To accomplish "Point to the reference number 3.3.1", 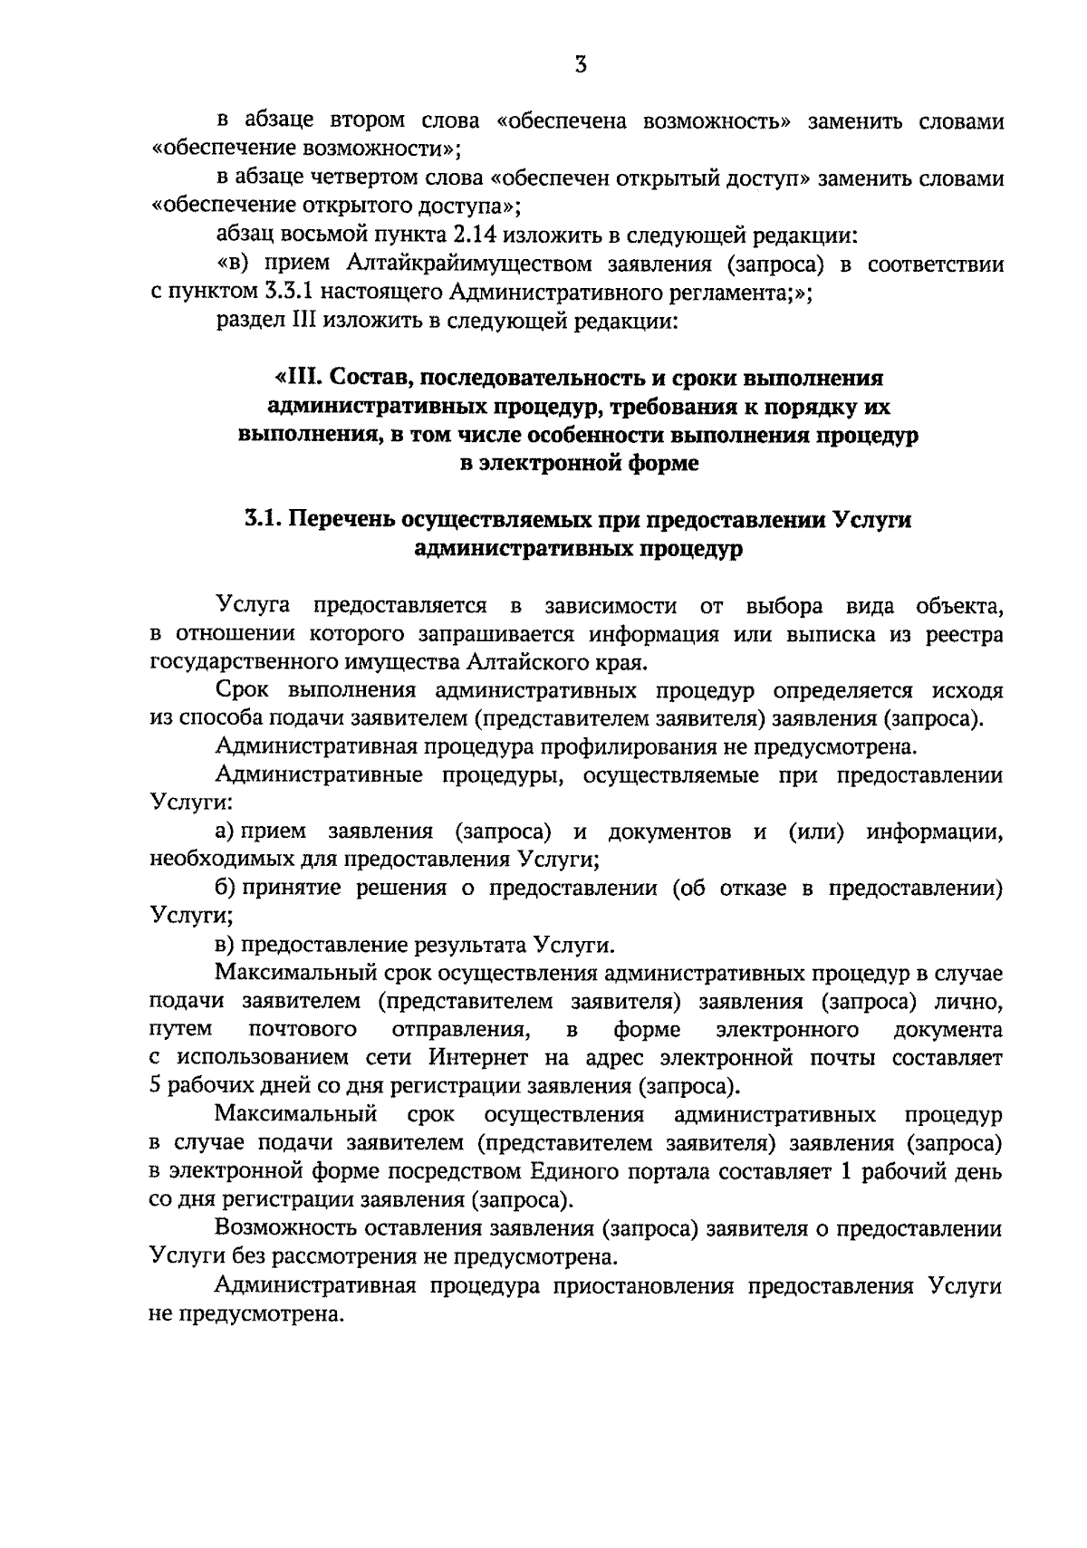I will [260, 293].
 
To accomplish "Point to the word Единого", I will [573, 1172].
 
